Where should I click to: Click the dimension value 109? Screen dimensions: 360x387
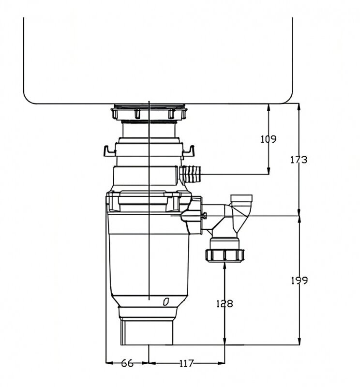pyautogui.click(x=268, y=139)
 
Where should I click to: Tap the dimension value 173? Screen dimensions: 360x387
pyautogui.click(x=299, y=159)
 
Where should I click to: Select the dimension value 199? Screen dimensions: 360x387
pyautogui.click(x=299, y=280)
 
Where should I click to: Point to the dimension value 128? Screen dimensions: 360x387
pyautogui.click(x=224, y=304)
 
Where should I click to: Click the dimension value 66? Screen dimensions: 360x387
pyautogui.click(x=127, y=363)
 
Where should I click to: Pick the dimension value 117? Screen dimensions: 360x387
pyautogui.click(x=186, y=363)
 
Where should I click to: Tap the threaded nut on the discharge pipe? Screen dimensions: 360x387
pyautogui.click(x=225, y=254)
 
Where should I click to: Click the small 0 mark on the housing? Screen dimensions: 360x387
pyautogui.click(x=165, y=302)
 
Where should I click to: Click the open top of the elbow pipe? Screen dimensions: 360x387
pyautogui.click(x=242, y=197)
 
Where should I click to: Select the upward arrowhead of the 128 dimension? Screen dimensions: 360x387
pyautogui.click(x=225, y=266)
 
